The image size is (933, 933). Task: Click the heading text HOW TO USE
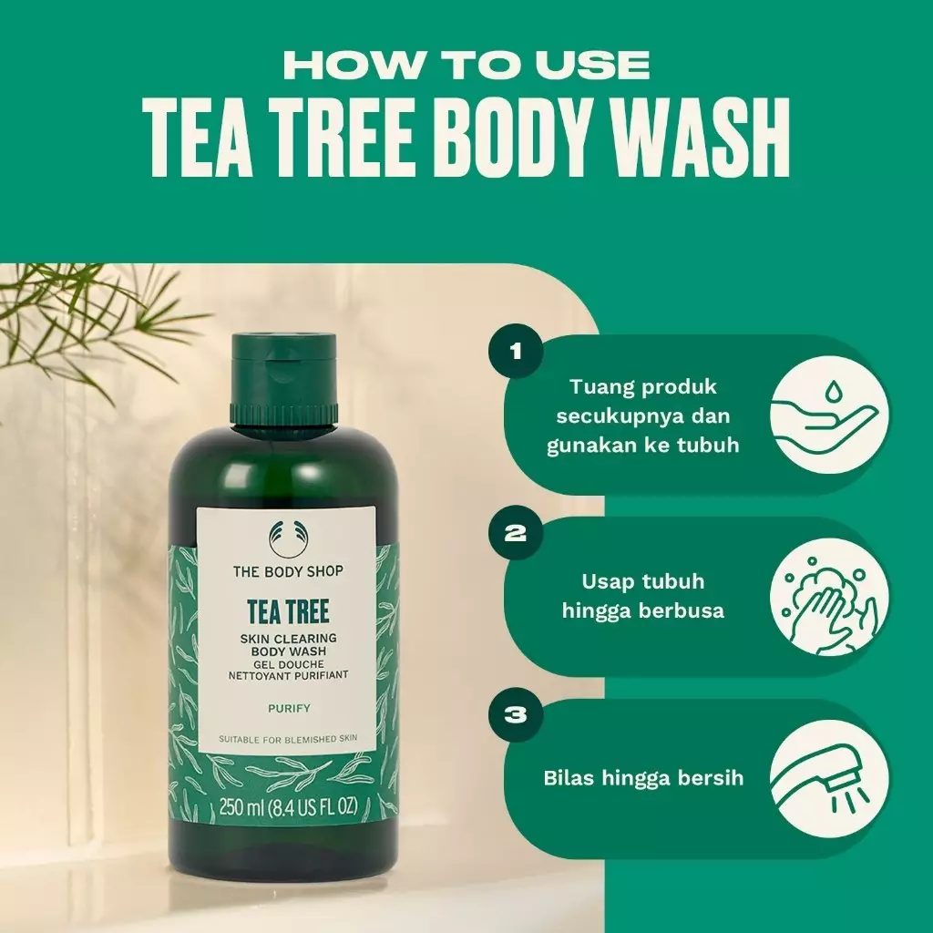466,65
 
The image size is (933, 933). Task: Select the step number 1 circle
516,350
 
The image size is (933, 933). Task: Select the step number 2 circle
516,533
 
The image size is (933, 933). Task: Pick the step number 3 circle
516,714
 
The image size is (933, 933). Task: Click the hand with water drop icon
829,416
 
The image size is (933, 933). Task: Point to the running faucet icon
829,778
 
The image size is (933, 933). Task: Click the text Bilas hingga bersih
643,778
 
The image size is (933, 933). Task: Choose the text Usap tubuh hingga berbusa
643,596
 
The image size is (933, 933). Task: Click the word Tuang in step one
598,387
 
